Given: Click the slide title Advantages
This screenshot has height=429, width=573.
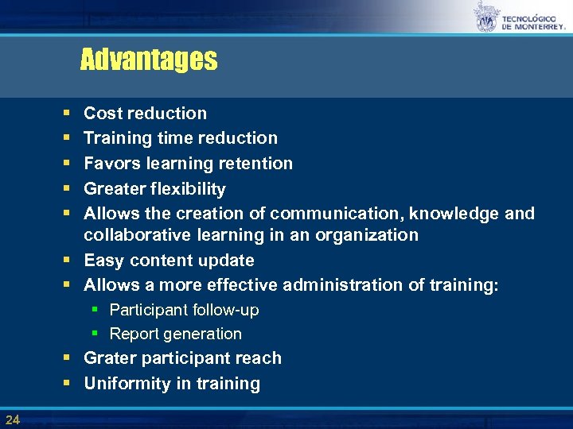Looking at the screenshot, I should coord(148,60).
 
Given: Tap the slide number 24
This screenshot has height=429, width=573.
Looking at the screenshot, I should coord(12,419).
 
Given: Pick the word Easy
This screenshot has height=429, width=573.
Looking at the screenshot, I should coord(103,261).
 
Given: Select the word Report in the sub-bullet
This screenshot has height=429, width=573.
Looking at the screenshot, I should coord(134,334).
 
